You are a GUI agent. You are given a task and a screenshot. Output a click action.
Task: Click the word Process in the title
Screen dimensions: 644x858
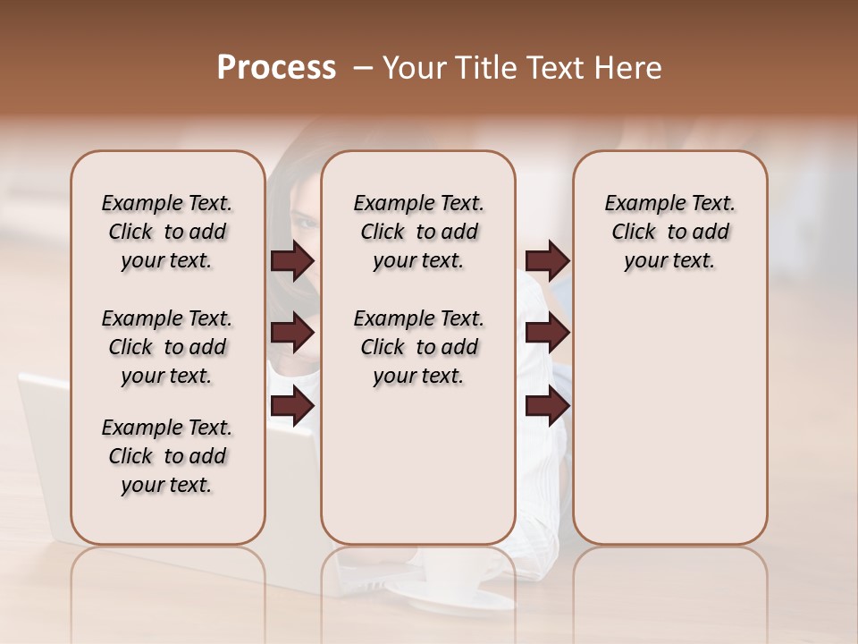click(276, 68)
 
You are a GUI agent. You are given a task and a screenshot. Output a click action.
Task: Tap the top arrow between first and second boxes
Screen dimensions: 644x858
click(292, 261)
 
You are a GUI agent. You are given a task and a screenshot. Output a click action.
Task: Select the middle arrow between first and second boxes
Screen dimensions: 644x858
click(292, 333)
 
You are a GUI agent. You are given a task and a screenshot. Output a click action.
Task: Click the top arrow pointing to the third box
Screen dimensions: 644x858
click(547, 261)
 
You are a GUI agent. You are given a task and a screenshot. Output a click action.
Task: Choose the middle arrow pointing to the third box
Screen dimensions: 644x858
click(547, 333)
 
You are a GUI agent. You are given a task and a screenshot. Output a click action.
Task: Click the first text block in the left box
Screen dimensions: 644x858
click(167, 232)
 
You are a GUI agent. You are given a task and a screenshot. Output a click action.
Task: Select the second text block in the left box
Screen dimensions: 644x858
click(167, 347)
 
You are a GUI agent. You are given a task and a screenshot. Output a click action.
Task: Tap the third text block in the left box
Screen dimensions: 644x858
click(167, 456)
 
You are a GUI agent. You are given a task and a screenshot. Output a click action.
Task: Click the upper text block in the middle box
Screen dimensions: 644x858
click(418, 232)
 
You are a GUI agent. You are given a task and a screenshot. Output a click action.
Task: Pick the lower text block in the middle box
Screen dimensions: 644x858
click(418, 347)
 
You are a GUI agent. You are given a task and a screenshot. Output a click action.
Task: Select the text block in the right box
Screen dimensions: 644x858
click(670, 232)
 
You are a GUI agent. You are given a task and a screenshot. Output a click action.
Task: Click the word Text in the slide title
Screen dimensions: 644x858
click(554, 68)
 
